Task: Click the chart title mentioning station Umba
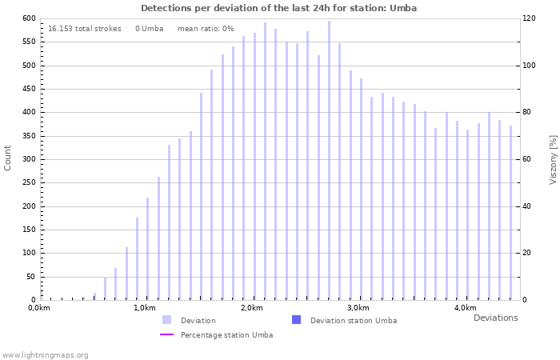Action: tap(278, 8)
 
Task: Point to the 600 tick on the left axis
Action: tap(28, 18)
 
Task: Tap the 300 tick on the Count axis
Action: tap(28, 159)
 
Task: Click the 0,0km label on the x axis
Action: tap(39, 308)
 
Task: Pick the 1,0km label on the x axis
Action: tap(144, 308)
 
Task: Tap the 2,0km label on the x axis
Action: tap(251, 308)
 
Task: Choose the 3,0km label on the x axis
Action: tap(358, 308)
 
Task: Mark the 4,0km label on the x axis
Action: tap(465, 308)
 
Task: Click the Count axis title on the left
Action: tap(8, 158)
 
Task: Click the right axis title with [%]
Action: tap(553, 158)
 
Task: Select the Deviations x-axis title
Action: tap(495, 318)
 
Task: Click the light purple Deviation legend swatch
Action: tap(166, 320)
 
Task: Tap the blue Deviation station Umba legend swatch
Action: tap(296, 320)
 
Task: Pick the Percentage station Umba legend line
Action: tap(166, 334)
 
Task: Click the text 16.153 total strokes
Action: tap(85, 29)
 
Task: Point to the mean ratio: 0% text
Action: tap(206, 29)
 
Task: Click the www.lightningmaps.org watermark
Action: tap(46, 354)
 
